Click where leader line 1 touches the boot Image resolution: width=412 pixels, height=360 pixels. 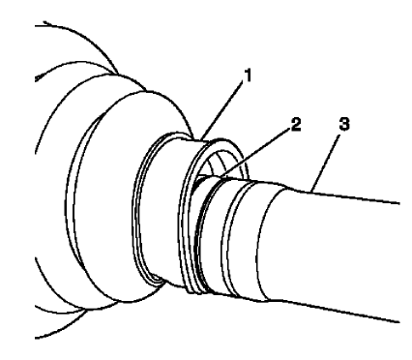tap(205, 137)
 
